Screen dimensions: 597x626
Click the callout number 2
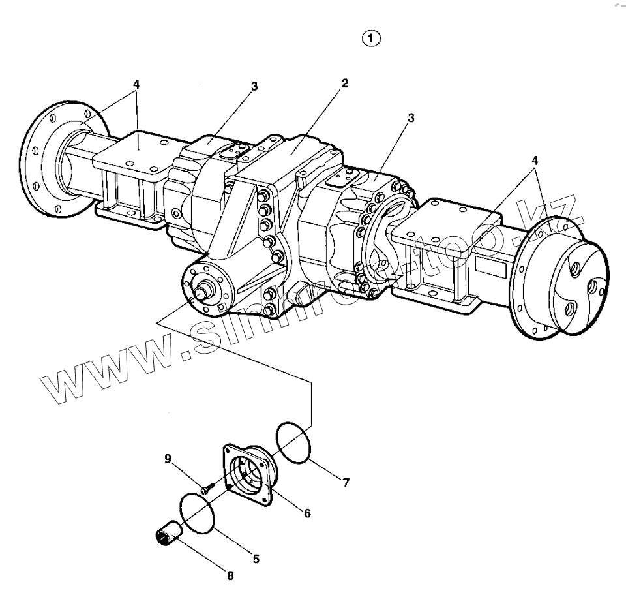[344, 84]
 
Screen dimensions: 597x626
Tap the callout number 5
[256, 559]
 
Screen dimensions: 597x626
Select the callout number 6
[306, 513]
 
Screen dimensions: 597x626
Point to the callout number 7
[346, 483]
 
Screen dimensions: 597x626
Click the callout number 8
[230, 575]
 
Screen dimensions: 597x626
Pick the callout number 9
[168, 459]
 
